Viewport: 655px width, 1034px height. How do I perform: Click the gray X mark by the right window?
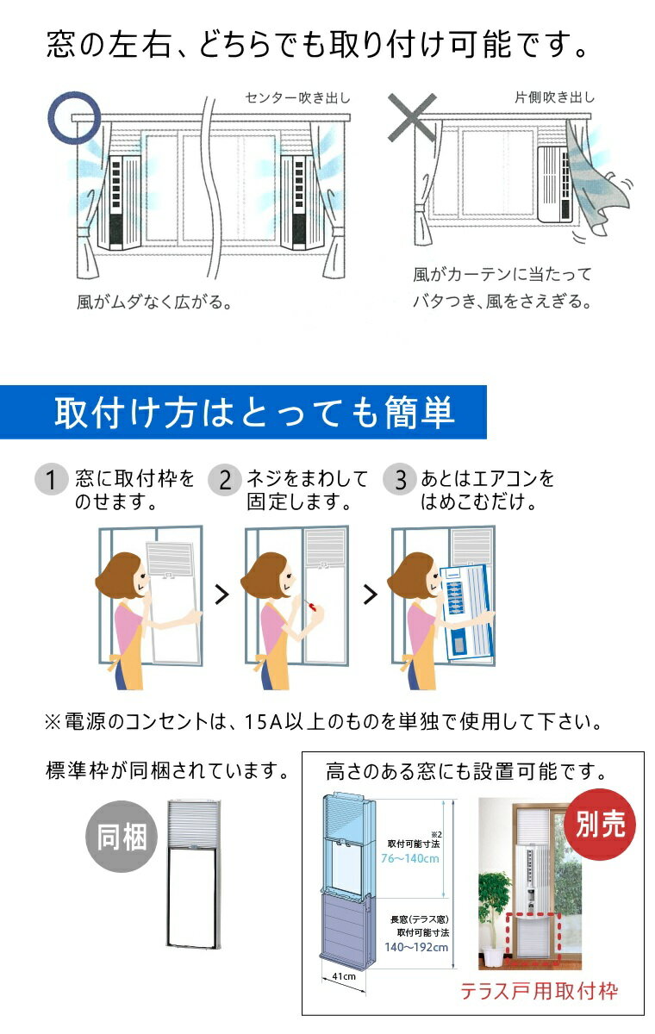point(412,117)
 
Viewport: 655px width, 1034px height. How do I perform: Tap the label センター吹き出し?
point(297,98)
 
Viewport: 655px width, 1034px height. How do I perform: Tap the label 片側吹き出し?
point(554,97)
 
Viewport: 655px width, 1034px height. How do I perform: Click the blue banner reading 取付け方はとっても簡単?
point(243,412)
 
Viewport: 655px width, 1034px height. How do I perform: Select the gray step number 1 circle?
point(51,480)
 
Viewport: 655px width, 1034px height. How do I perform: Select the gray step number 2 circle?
point(225,480)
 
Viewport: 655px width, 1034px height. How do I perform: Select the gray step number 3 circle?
point(400,480)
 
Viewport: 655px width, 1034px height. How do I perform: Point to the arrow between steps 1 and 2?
point(222,595)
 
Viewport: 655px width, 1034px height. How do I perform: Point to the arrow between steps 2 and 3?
point(371,595)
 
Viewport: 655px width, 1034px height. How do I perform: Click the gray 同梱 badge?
point(122,837)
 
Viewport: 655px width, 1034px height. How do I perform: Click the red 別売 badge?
point(600,825)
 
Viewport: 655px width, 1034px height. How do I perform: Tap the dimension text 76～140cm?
point(410,858)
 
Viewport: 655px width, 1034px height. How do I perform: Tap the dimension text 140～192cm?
point(416,947)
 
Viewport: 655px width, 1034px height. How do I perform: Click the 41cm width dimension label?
point(344,976)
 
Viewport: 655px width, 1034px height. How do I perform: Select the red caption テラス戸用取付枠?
point(540,991)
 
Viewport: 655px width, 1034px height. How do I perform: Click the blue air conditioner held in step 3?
point(467,613)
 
